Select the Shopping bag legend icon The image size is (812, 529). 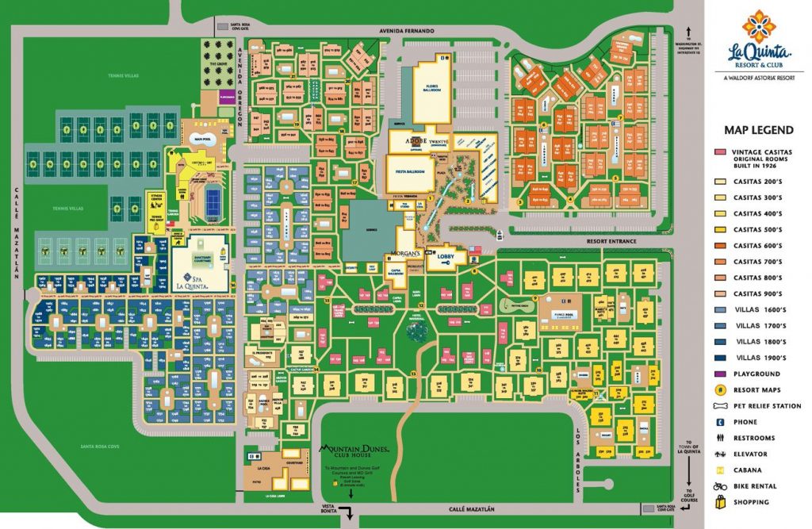[x=718, y=501]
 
